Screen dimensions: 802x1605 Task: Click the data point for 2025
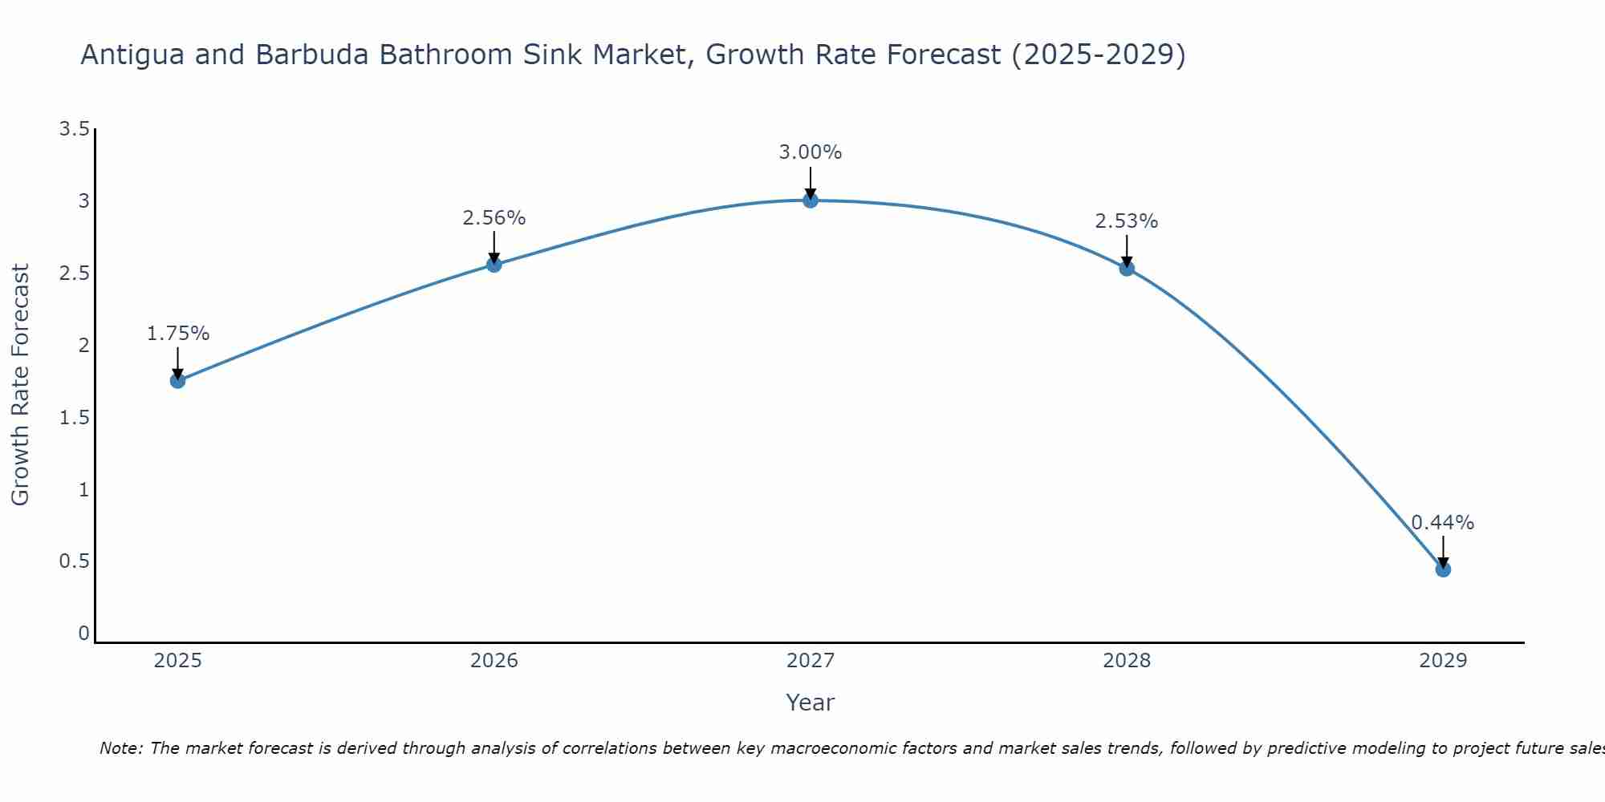178,381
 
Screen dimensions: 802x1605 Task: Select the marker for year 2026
494,265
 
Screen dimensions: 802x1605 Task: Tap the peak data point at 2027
811,200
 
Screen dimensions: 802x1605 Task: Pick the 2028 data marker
1127,269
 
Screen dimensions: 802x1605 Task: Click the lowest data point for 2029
1443,570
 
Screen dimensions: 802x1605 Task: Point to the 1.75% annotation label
178,334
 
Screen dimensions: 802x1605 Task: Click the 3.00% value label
811,152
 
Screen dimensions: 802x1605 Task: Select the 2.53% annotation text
1127,221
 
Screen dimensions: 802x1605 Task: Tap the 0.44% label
1443,523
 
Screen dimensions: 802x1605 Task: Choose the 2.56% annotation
494,218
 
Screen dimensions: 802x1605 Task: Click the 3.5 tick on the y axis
75,129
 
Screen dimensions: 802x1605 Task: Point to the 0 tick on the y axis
83,634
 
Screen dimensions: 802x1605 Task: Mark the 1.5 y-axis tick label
75,418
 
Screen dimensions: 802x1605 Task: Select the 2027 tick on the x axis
811,661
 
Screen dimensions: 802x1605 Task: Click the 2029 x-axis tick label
1443,661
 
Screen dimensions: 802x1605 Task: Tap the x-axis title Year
811,703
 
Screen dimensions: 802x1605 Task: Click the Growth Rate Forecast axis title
21,385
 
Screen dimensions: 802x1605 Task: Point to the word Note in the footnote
120,748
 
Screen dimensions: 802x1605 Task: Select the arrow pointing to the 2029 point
1443,551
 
